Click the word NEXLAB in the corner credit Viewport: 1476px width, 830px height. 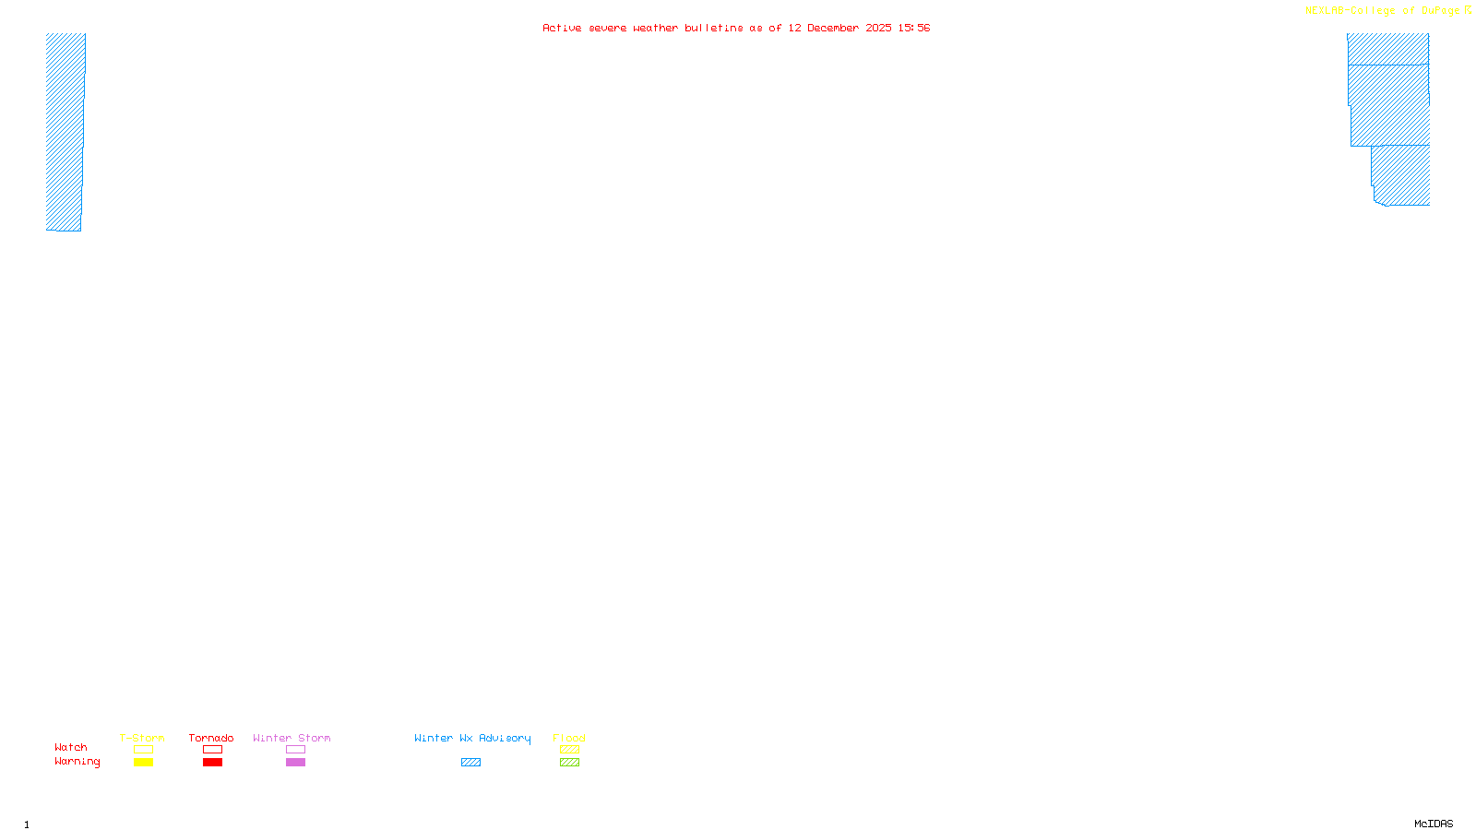pyautogui.click(x=1325, y=11)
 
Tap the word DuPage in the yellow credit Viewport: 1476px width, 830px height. pyautogui.click(x=1440, y=11)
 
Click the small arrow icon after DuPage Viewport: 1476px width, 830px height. pyautogui.click(x=1468, y=10)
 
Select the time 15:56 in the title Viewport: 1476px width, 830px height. pyautogui.click(x=913, y=29)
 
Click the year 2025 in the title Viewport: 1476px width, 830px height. pyautogui.click(x=878, y=29)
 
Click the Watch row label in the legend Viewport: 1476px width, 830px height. pyautogui.click(x=71, y=748)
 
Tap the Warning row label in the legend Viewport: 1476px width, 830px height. pyautogui.click(x=77, y=762)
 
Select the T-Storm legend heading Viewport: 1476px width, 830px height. pyautogui.click(x=142, y=738)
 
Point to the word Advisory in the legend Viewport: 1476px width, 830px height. pyautogui.click(x=505, y=738)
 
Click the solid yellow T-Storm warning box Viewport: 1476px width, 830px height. pyautogui.click(x=143, y=763)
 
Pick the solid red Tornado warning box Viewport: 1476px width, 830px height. pyautogui.click(x=212, y=763)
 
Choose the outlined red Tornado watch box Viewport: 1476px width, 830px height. pyautogui.click(x=212, y=750)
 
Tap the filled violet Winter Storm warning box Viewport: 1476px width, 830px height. pyautogui.click(x=295, y=763)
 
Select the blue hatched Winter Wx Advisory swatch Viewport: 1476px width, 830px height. pyautogui.click(x=470, y=763)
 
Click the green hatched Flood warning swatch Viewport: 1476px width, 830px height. pyautogui.click(x=569, y=763)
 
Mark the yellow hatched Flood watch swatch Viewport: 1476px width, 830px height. pyautogui.click(x=569, y=750)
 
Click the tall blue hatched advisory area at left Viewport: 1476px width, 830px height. pyautogui.click(x=65, y=129)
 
